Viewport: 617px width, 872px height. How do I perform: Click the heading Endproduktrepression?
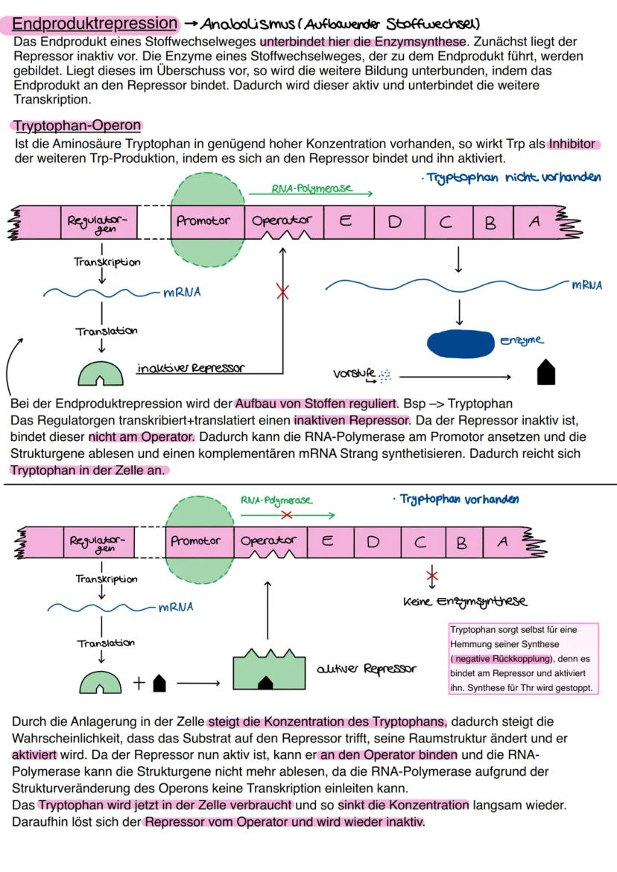(x=95, y=23)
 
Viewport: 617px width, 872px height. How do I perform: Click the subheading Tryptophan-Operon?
(x=77, y=126)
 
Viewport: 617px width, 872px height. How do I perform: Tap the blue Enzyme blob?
(x=460, y=343)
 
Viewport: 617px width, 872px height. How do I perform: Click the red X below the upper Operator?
(x=282, y=292)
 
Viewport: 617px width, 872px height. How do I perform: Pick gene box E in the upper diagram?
(x=345, y=221)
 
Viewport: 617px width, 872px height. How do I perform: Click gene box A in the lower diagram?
(x=503, y=542)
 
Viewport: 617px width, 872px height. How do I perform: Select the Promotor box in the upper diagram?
(x=203, y=221)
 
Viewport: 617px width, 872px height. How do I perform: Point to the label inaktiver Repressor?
(x=190, y=368)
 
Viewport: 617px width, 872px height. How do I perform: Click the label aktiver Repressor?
(x=365, y=669)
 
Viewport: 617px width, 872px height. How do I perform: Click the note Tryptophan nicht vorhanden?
(x=514, y=178)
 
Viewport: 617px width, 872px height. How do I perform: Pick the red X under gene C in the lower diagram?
(x=431, y=576)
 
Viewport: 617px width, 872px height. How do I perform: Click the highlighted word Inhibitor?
(x=574, y=144)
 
